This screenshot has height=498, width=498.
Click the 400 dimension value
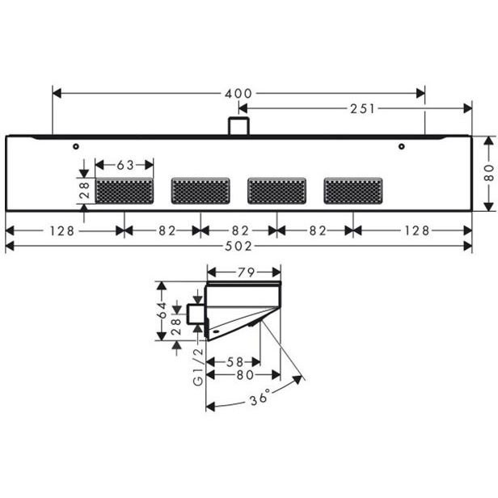tap(238, 94)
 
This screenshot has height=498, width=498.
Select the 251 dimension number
tap(362, 109)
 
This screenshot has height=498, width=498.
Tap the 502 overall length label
tap(238, 246)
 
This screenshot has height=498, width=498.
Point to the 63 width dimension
tap(125, 165)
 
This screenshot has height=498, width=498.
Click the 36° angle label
tap(260, 397)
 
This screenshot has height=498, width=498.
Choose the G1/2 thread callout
tap(198, 367)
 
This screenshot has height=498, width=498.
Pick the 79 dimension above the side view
tap(246, 272)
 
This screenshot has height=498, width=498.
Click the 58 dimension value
tap(234, 362)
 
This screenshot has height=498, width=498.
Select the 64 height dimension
tap(162, 310)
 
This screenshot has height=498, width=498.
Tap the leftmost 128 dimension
tap(61, 231)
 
